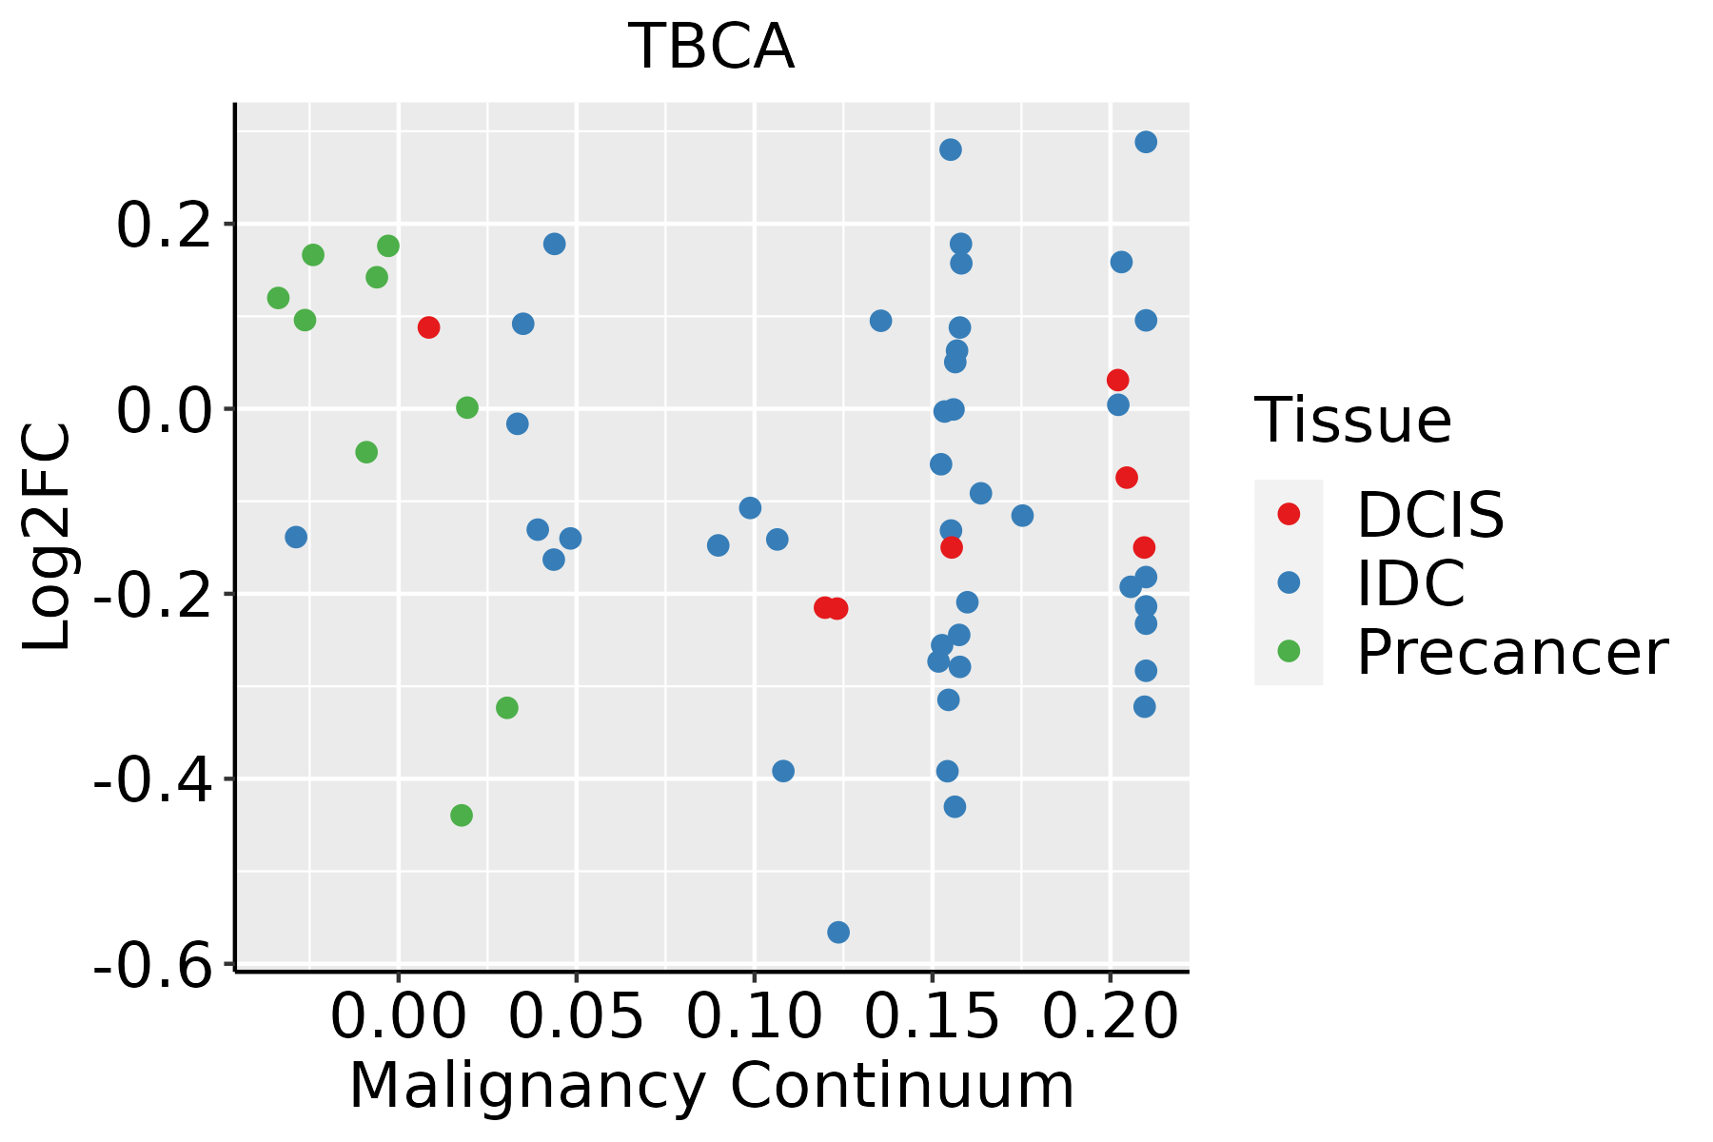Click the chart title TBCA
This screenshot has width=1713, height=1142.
click(711, 48)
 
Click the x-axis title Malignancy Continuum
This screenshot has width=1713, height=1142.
click(711, 1087)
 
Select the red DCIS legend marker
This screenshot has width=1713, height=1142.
click(1289, 514)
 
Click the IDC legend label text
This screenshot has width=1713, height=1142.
click(1410, 583)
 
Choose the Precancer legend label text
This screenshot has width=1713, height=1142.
click(1511, 653)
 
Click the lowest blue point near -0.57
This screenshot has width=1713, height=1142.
click(838, 932)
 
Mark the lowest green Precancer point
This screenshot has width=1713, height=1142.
click(462, 815)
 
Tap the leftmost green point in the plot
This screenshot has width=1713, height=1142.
click(278, 298)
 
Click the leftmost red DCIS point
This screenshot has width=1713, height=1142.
click(429, 327)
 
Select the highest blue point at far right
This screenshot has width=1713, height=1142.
click(1146, 142)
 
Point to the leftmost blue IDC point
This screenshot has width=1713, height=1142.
click(296, 537)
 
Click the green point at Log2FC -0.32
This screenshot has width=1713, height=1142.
click(507, 708)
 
